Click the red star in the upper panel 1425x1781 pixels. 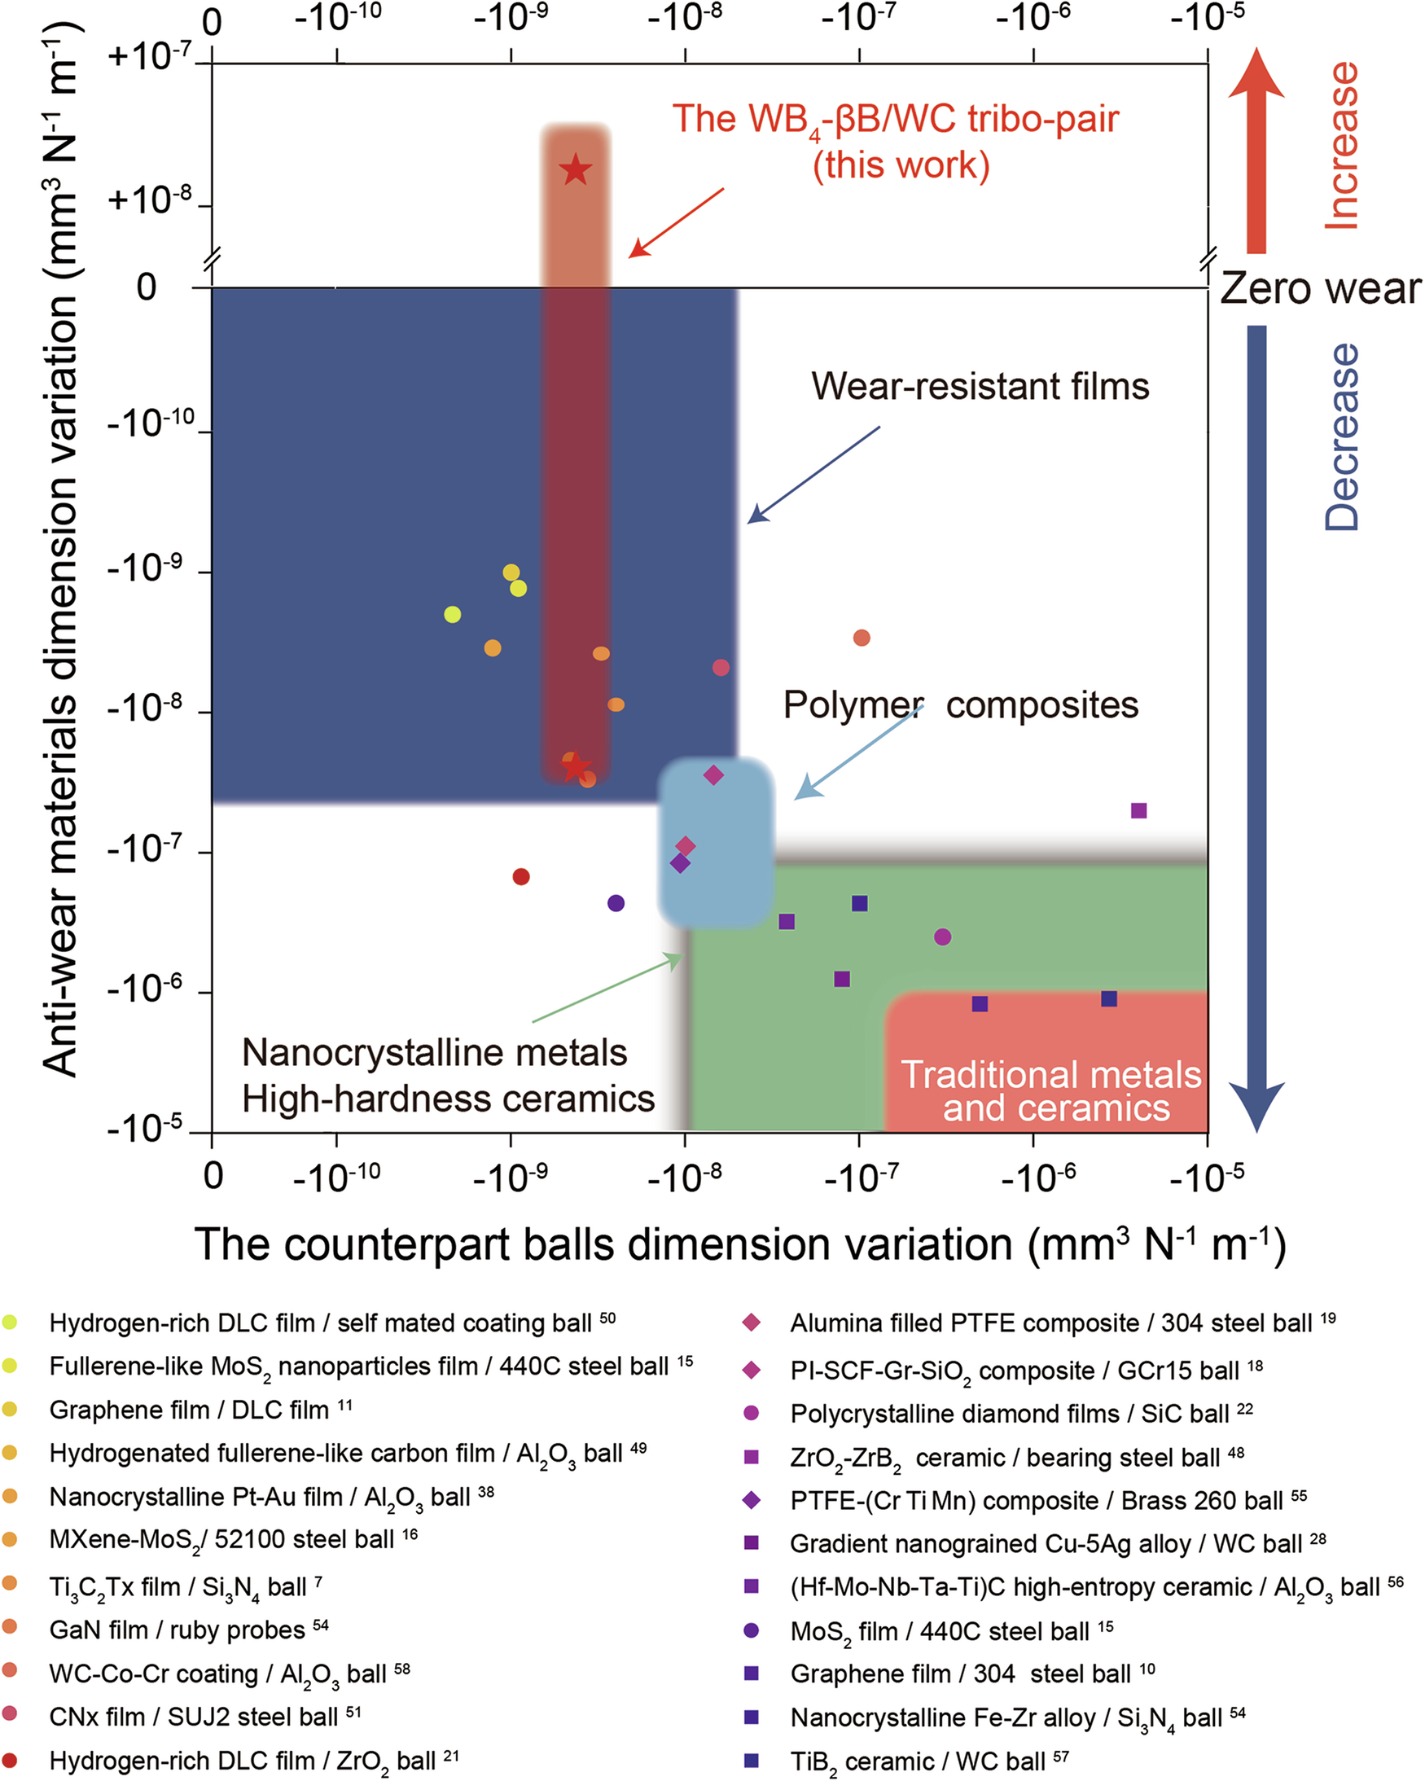click(x=575, y=170)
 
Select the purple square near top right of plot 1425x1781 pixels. click(x=1138, y=810)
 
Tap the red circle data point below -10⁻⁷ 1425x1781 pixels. click(x=520, y=876)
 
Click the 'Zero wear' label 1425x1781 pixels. click(x=1320, y=289)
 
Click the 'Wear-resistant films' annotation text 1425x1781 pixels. click(x=980, y=386)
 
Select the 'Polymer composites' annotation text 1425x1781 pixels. click(x=960, y=705)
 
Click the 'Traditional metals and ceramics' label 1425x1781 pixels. click(x=1050, y=1091)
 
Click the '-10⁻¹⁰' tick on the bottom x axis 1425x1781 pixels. click(x=336, y=1176)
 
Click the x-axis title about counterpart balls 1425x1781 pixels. click(x=739, y=1245)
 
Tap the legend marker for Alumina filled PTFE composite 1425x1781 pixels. click(x=751, y=1323)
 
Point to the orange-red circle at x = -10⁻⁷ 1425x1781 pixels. click(x=861, y=638)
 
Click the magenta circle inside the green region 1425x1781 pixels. click(x=943, y=937)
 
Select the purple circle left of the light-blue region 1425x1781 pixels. click(x=616, y=903)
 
